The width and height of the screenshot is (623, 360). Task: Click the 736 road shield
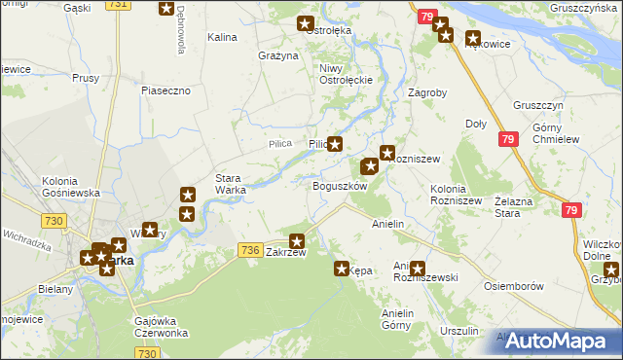click(249, 251)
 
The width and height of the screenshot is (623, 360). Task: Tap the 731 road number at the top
click(118, 5)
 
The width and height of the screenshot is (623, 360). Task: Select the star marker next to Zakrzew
click(298, 240)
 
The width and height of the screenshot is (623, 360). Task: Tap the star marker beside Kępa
click(342, 269)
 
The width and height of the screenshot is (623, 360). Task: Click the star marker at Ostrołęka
click(305, 24)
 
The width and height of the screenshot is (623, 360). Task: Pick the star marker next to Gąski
click(166, 10)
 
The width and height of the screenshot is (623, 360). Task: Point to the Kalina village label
click(223, 37)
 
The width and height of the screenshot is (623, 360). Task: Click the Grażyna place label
click(277, 55)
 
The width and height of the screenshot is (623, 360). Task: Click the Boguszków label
click(339, 186)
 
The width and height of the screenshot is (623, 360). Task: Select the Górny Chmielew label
click(556, 133)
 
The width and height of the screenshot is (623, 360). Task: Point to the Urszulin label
click(458, 332)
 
